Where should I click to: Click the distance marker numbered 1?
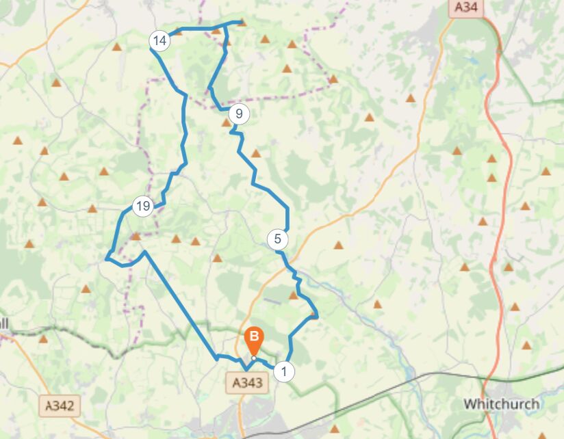click(283, 372)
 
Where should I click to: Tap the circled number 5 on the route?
click(278, 239)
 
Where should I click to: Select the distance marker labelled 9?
click(238, 114)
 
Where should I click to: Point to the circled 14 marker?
click(159, 41)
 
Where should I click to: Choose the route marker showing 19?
click(142, 206)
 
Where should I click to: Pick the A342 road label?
click(59, 405)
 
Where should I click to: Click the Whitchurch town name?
click(500, 403)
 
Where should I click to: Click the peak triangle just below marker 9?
click(226, 123)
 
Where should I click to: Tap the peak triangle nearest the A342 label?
click(43, 338)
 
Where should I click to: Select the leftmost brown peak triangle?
click(17, 141)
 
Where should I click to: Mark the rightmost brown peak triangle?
click(546, 172)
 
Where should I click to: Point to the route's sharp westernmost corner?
click(107, 258)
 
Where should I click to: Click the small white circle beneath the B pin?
click(253, 358)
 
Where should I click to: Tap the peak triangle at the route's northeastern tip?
click(241, 23)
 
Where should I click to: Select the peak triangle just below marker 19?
click(136, 237)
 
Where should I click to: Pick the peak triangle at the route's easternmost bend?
click(313, 315)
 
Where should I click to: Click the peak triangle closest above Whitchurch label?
click(526, 345)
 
